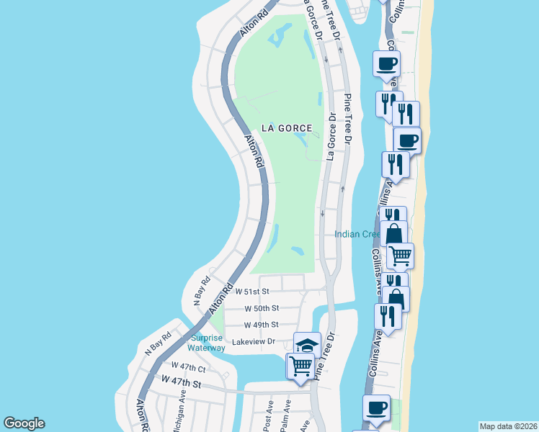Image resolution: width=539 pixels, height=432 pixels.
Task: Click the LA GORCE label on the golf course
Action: click(x=286, y=127)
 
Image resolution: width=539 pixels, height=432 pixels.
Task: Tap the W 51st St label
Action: click(x=251, y=292)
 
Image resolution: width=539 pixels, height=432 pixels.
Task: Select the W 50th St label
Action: click(x=261, y=308)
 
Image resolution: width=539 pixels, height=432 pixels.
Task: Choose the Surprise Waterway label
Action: click(x=208, y=343)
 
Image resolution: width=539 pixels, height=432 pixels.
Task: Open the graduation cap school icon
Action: click(x=307, y=345)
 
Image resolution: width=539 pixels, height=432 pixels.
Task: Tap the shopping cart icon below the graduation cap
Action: click(x=300, y=366)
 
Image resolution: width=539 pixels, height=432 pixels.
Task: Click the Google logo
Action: click(x=24, y=423)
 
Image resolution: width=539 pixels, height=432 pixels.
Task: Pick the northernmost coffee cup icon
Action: click(x=386, y=63)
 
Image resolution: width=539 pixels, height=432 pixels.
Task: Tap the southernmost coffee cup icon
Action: click(x=376, y=408)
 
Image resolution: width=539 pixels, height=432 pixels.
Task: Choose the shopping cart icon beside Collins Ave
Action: click(x=400, y=255)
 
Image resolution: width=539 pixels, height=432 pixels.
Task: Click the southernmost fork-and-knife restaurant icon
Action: click(x=388, y=317)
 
